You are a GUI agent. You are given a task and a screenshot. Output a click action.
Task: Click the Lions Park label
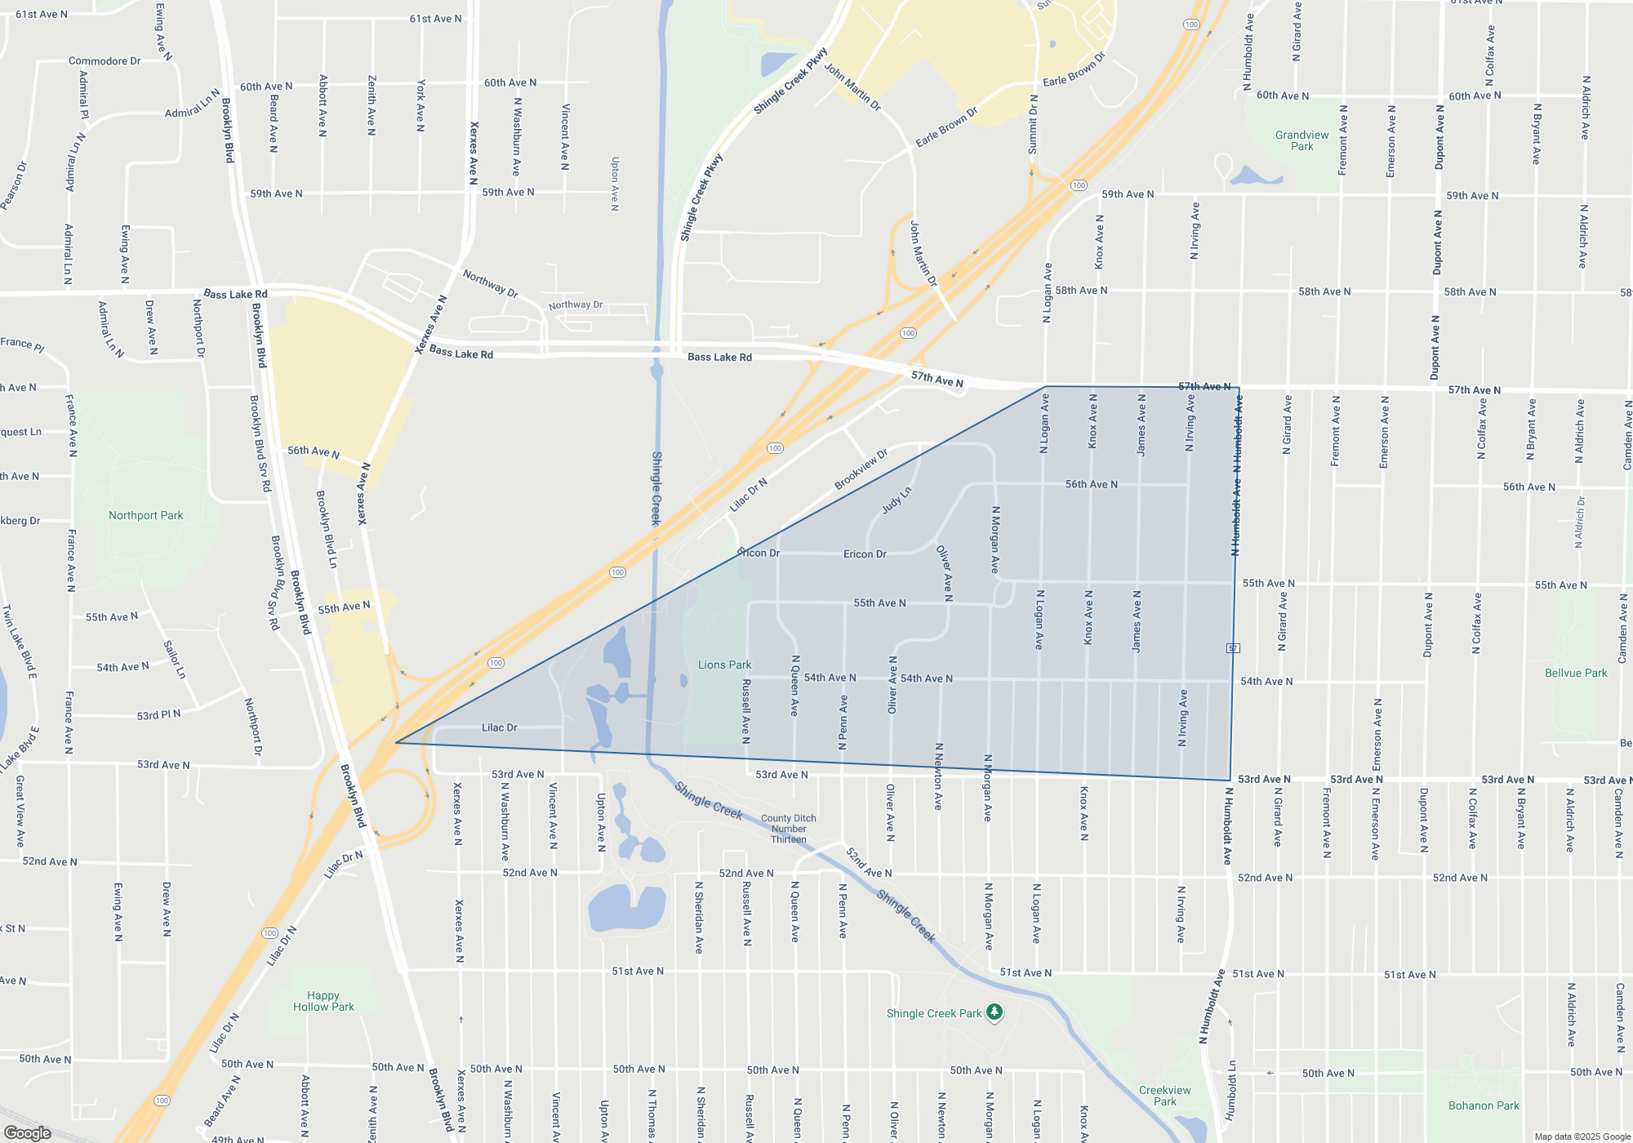pos(724,665)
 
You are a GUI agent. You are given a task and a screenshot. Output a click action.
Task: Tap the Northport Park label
pos(145,515)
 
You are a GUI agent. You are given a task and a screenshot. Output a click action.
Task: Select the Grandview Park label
pos(1302,140)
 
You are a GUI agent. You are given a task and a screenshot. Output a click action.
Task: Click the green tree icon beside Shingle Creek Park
pos(994,1012)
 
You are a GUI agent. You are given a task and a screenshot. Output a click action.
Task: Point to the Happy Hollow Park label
pos(323,1001)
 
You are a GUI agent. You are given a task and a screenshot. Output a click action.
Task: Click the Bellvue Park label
pos(1575,673)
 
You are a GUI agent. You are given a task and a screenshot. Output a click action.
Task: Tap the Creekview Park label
pos(1164,1096)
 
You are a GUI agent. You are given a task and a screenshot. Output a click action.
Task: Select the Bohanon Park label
pos(1483,1105)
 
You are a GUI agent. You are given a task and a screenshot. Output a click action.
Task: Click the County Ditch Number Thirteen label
pos(788,829)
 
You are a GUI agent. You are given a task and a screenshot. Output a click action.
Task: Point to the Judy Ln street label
pos(896,500)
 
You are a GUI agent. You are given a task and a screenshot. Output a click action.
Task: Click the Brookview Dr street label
pos(861,469)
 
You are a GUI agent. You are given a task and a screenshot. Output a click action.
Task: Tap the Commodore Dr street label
pos(105,61)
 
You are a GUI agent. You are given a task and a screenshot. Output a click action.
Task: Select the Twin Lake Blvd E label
pos(20,642)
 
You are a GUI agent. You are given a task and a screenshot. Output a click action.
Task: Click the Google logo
pos(28,1132)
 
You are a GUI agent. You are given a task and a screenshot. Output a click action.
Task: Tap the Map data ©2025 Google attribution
pos(1582,1136)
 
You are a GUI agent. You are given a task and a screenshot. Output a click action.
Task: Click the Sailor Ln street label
pos(175,660)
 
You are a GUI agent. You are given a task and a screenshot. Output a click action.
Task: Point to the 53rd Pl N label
pos(158,715)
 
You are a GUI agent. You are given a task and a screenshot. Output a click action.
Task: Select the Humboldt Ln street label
pos(1230,1090)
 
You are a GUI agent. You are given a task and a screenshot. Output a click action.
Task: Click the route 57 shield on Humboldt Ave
pos(1233,647)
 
